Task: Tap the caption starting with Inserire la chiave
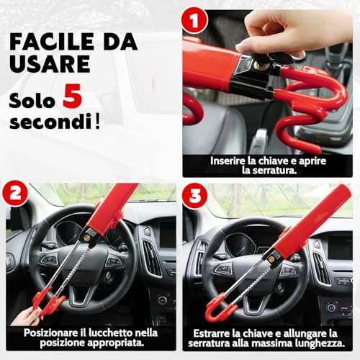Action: tap(268, 166)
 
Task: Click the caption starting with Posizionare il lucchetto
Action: tap(90, 339)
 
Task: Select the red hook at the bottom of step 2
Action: tap(49, 302)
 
